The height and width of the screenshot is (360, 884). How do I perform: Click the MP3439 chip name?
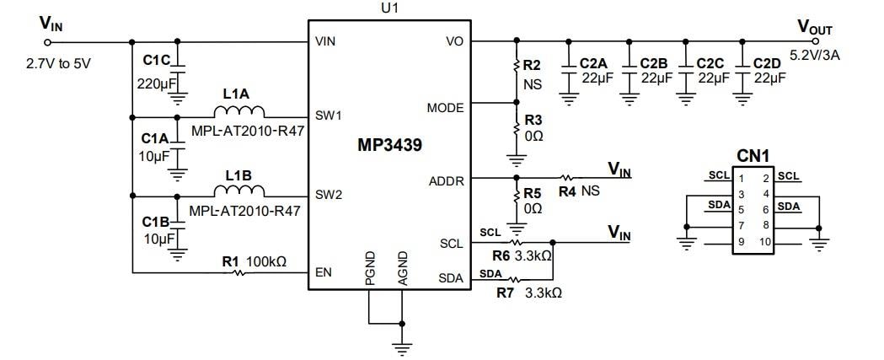tap(388, 144)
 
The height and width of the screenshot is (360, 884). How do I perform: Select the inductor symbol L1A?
tap(239, 112)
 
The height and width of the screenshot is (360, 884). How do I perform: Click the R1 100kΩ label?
tap(254, 261)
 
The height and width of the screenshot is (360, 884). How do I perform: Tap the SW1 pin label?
tap(328, 116)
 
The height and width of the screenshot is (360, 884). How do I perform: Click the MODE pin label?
tap(445, 108)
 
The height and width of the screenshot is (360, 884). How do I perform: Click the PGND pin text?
tap(370, 267)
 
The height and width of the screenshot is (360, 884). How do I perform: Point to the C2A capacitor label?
tap(594, 63)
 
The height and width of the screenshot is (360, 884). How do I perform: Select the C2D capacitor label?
tap(768, 63)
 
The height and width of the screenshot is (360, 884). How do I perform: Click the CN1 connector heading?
tap(753, 156)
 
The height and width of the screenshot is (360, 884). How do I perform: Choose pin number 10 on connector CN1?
tap(766, 243)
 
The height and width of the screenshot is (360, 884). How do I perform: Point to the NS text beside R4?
tap(591, 191)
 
